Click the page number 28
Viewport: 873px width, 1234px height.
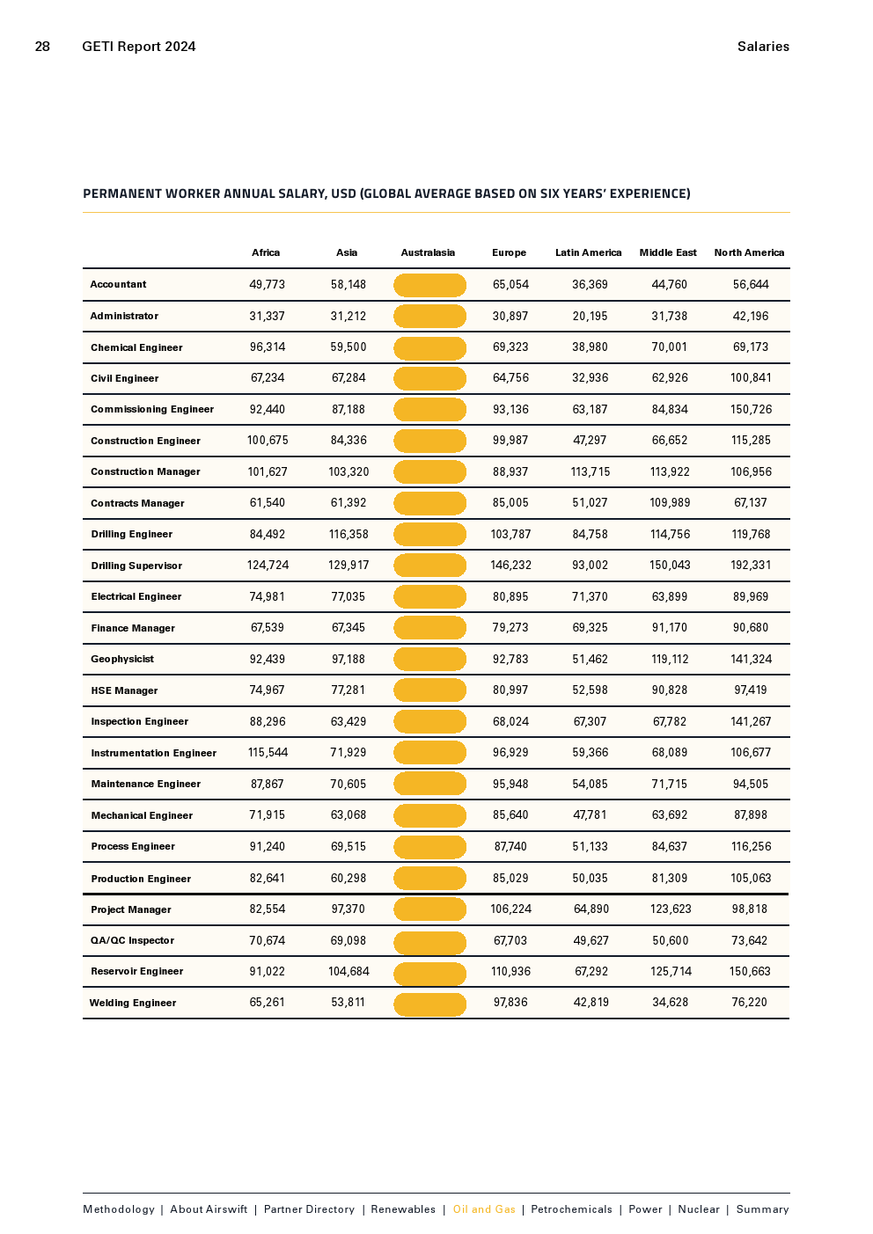pyautogui.click(x=42, y=47)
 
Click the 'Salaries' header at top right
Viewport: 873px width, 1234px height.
pyautogui.click(x=763, y=47)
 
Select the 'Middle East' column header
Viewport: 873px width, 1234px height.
pyautogui.click(x=668, y=252)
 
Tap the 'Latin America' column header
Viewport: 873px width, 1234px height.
pyautogui.click(x=588, y=252)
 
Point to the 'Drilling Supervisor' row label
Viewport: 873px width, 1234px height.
pyautogui.click(x=136, y=566)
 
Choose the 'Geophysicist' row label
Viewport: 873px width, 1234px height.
pyautogui.click(x=122, y=659)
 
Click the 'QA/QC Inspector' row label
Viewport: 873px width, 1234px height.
pyautogui.click(x=132, y=940)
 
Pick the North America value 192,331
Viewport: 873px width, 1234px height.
pyautogui.click(x=751, y=566)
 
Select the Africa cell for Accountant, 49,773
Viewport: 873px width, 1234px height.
pyautogui.click(x=267, y=284)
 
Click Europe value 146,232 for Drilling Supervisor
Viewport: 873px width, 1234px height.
pyautogui.click(x=510, y=566)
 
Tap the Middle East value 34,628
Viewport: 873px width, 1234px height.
pyautogui.click(x=670, y=1003)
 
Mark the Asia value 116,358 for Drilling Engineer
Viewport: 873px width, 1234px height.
pyautogui.click(x=348, y=534)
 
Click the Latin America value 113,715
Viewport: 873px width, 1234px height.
pyautogui.click(x=590, y=471)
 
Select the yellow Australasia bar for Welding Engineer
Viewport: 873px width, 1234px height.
pyautogui.click(x=429, y=1004)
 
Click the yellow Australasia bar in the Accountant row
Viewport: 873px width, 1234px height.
pyautogui.click(x=429, y=285)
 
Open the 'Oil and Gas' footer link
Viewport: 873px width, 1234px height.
pyautogui.click(x=484, y=1209)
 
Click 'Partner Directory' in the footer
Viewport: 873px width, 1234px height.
pyautogui.click(x=309, y=1209)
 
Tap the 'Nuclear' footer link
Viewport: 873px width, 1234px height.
pyautogui.click(x=699, y=1209)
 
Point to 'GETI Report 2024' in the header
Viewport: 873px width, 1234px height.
pyautogui.click(x=139, y=47)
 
